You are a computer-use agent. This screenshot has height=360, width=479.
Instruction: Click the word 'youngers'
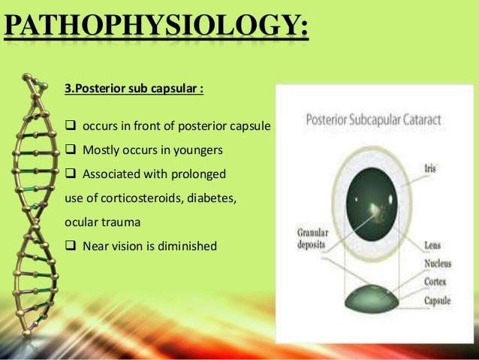(x=198, y=150)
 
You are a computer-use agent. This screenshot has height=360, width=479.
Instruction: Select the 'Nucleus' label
(x=438, y=264)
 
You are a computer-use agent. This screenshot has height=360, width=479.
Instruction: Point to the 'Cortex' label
(x=436, y=282)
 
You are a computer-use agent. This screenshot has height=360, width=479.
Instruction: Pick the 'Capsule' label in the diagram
(x=438, y=300)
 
